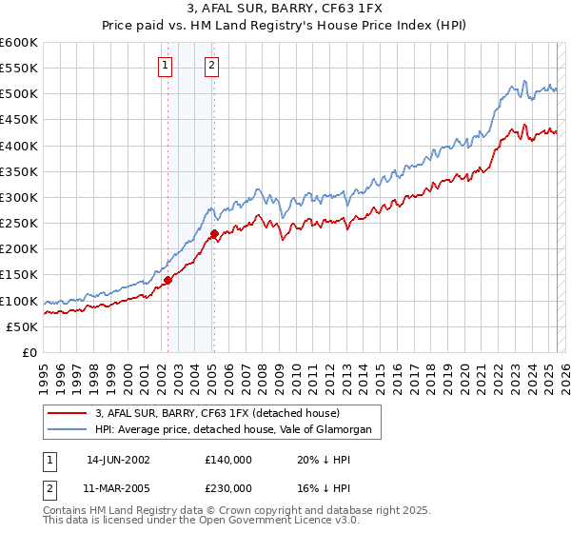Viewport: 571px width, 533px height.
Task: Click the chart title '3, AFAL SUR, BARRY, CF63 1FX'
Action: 285,10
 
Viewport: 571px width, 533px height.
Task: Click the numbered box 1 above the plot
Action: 166,66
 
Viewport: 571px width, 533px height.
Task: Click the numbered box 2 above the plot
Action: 211,66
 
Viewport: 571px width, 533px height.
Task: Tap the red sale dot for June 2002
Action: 167,280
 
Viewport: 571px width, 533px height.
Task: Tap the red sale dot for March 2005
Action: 214,233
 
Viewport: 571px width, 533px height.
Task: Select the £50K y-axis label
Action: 23,326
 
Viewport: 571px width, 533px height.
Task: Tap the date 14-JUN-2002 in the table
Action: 118,459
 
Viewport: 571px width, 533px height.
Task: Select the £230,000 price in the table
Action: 228,487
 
